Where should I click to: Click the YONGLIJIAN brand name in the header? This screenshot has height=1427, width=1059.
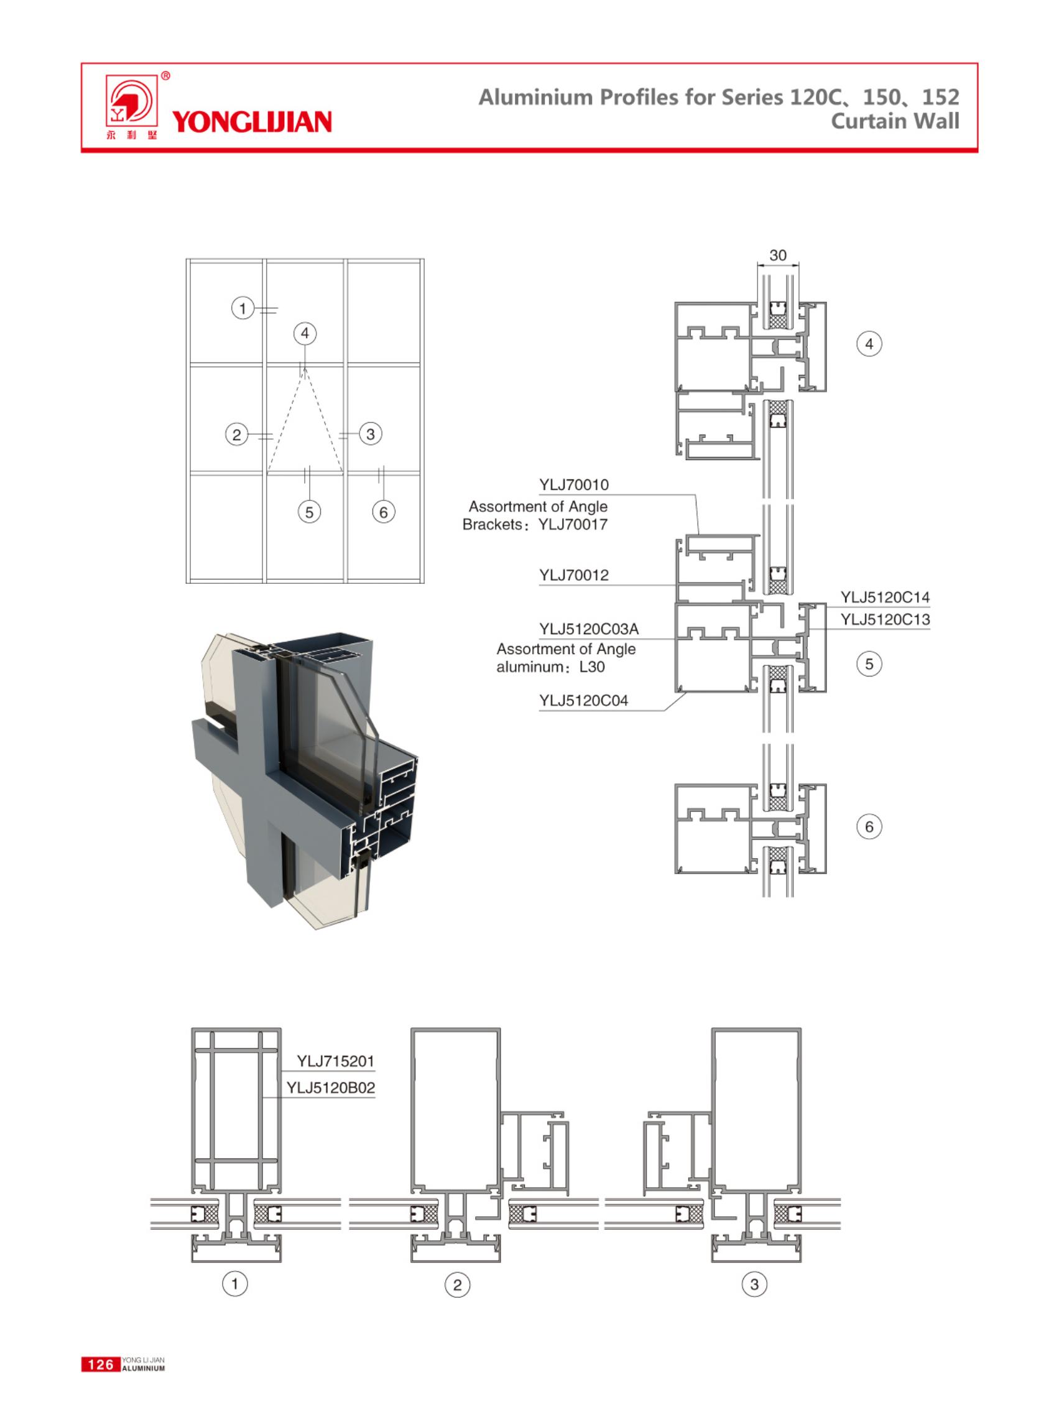point(252,121)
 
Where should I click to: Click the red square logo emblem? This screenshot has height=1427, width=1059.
point(131,103)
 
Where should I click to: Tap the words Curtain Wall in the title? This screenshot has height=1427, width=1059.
point(895,121)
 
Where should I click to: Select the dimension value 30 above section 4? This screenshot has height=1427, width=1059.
point(777,255)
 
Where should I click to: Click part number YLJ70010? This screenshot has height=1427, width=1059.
point(574,485)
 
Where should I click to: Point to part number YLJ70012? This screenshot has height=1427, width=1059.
point(574,575)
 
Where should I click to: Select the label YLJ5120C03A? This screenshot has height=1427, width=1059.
point(588,629)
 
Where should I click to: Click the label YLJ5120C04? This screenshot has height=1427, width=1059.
point(583,701)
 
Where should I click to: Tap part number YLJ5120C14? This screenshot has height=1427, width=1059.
point(885,597)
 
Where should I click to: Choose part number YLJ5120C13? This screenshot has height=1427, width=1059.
point(885,619)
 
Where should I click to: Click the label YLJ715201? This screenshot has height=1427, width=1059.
point(335,1061)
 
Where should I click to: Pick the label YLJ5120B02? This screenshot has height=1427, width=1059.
point(330,1088)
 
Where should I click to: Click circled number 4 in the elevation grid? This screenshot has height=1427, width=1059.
point(305,333)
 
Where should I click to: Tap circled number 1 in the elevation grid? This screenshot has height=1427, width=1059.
point(243,308)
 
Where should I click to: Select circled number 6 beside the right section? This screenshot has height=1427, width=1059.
point(869,826)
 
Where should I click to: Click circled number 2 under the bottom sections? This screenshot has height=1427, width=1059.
point(457,1285)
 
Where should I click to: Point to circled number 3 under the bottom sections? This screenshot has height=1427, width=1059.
point(754,1284)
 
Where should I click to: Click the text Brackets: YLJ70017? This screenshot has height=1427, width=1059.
point(535,524)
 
